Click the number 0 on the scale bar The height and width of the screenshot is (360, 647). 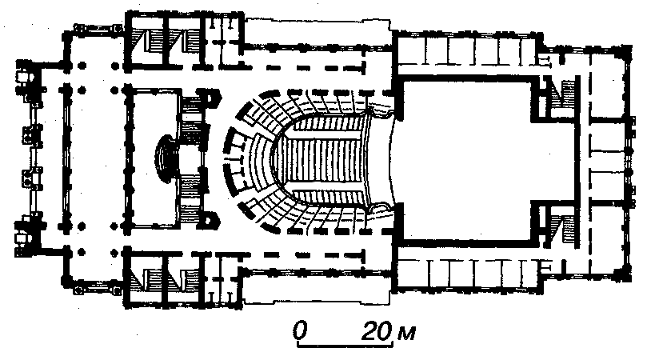[x=300, y=330]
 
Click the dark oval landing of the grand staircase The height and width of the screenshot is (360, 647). [x=166, y=156]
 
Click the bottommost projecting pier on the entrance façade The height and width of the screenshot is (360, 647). [x=22, y=232]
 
